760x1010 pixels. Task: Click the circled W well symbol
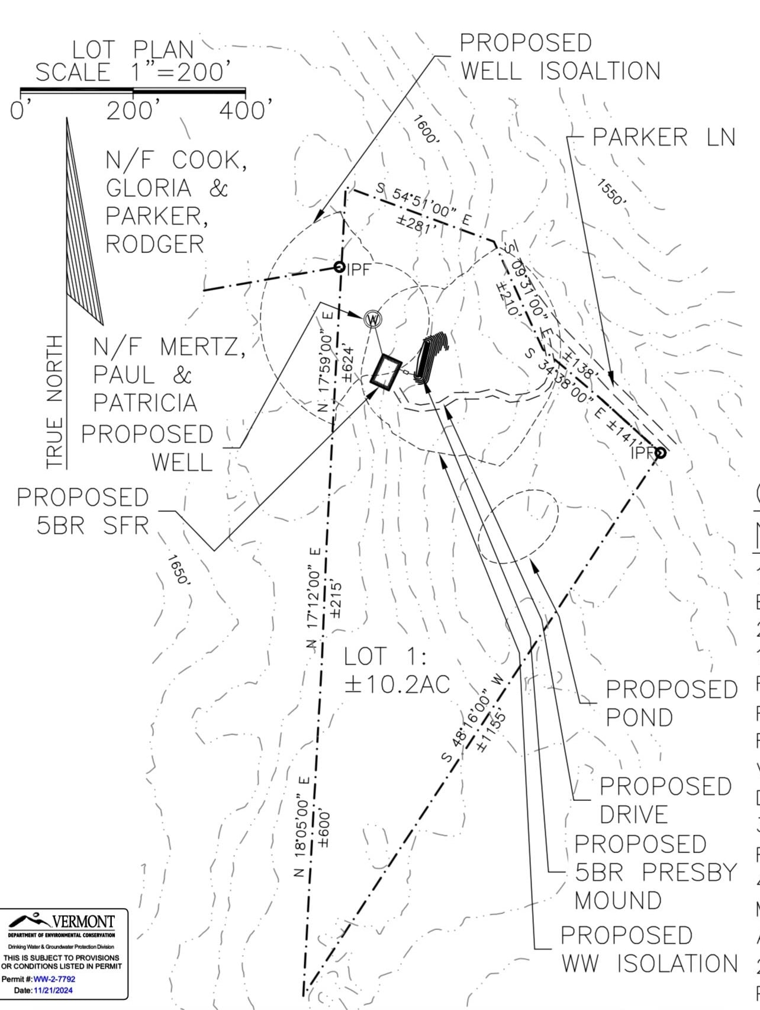point(373,319)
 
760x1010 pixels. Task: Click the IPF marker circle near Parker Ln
point(661,453)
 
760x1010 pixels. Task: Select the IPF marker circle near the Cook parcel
point(339,267)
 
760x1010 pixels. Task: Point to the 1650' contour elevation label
point(178,570)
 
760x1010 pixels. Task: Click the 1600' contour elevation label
point(426,130)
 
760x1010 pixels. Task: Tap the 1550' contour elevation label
point(610,193)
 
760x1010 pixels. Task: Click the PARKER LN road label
point(664,137)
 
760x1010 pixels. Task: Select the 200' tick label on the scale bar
point(133,111)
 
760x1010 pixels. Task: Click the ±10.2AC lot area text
point(397,684)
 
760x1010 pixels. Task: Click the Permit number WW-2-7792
point(54,979)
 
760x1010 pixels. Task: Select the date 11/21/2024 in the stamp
point(53,990)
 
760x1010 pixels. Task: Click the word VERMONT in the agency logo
point(83,922)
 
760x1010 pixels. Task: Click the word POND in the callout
point(639,717)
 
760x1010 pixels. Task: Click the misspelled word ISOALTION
point(600,71)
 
